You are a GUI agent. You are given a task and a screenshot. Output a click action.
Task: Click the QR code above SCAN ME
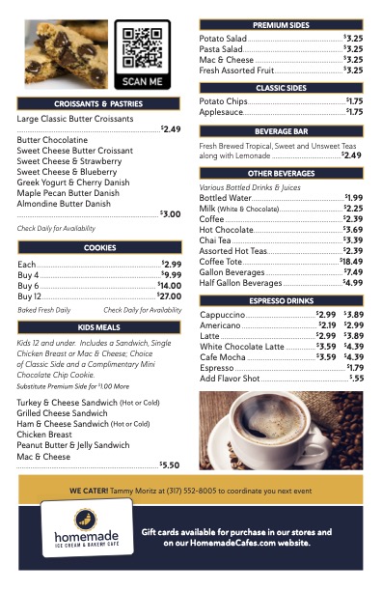point(143,46)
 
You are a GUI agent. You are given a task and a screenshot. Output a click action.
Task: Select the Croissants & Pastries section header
point(99,103)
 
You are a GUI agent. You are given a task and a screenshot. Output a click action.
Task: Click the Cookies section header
point(99,248)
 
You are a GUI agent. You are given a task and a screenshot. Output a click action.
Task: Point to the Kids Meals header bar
point(99,328)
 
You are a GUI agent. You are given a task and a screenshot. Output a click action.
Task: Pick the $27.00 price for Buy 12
point(170,296)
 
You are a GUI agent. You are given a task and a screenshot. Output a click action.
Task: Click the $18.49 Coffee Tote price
point(351,262)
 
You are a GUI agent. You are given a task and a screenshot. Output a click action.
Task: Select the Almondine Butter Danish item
point(64,204)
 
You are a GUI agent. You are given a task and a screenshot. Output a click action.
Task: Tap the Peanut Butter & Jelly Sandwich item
point(72,445)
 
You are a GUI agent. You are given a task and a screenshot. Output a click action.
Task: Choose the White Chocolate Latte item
point(242,346)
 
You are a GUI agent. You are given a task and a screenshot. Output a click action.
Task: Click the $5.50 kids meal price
point(170,464)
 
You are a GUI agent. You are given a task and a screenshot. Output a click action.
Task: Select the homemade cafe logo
point(86,528)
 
